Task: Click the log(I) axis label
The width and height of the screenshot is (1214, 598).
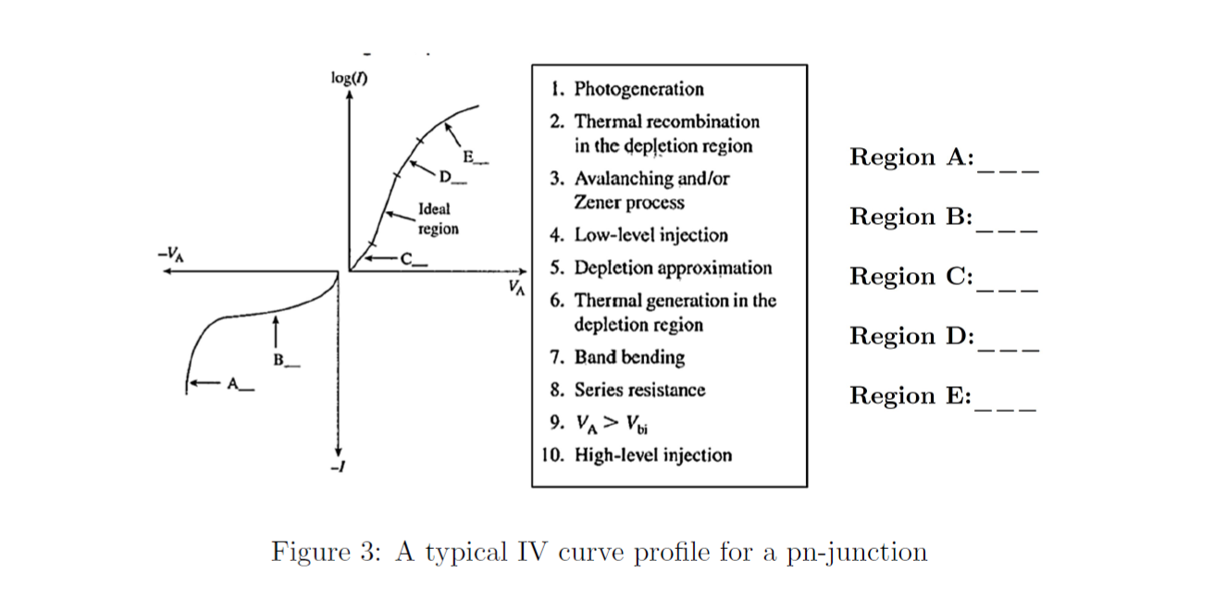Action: pyautogui.click(x=348, y=79)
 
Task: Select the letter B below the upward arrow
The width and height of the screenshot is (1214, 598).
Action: pyautogui.click(x=278, y=358)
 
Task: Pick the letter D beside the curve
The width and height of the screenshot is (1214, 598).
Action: pyautogui.click(x=444, y=176)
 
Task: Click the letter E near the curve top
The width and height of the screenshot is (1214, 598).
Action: pyautogui.click(x=468, y=155)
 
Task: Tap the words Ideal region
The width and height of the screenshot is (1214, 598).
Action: pyautogui.click(x=437, y=219)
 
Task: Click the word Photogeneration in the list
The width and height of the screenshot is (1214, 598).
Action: pyautogui.click(x=638, y=89)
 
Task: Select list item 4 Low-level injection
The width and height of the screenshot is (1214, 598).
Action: pyautogui.click(x=650, y=235)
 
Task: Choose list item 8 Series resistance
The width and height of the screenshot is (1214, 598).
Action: pyautogui.click(x=639, y=390)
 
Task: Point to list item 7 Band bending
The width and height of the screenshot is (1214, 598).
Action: pyautogui.click(x=629, y=357)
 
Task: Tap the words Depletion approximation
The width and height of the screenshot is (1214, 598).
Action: pyautogui.click(x=673, y=268)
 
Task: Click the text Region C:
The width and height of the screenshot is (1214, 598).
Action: pyautogui.click(x=910, y=276)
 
